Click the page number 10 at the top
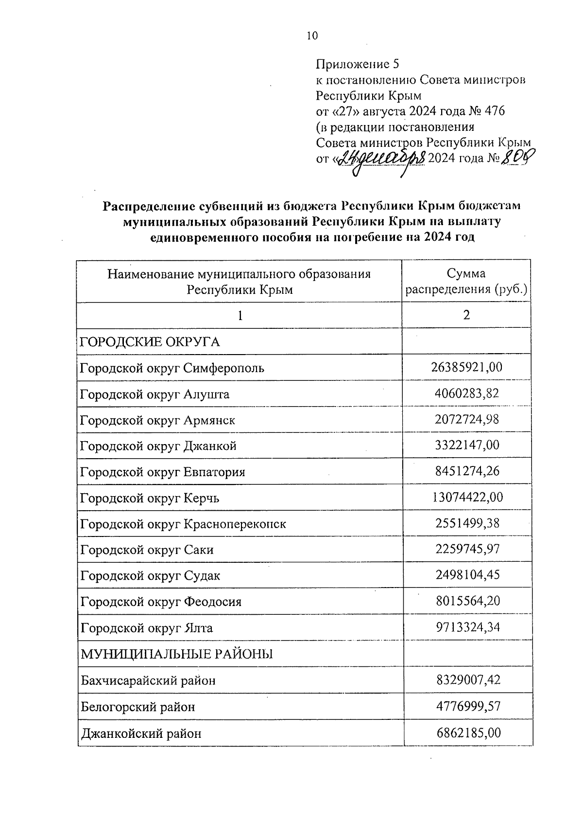312,36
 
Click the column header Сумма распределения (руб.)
466,282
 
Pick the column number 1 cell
240,316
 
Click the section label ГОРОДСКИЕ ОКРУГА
150,342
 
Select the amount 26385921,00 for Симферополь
466,367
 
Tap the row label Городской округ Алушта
154,394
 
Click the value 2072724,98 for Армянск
466,419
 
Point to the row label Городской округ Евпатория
162,472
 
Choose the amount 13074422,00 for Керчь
467,497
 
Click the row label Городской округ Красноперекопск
183,524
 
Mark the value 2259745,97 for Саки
466,549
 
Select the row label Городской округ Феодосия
161,602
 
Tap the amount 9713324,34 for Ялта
466,627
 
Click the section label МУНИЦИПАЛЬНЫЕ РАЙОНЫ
176,654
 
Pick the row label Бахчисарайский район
148,680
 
